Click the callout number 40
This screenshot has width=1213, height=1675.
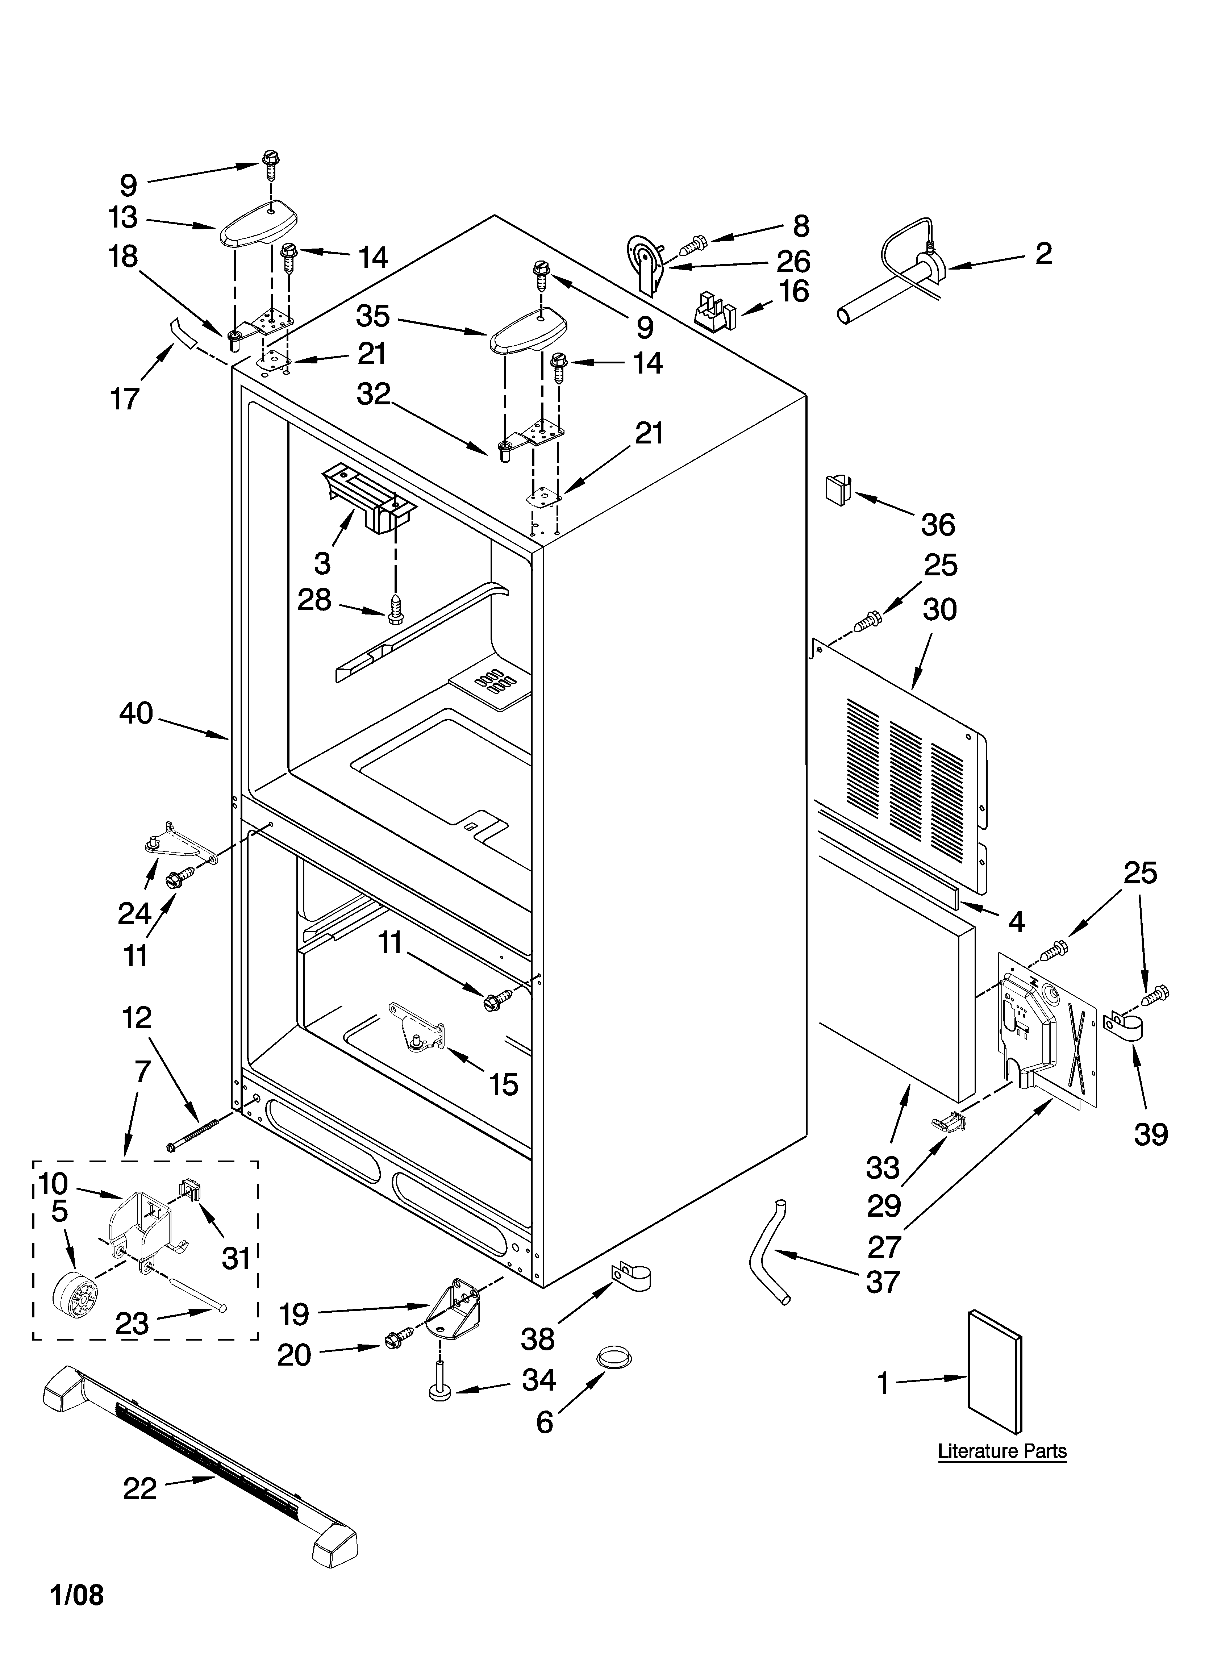click(136, 713)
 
